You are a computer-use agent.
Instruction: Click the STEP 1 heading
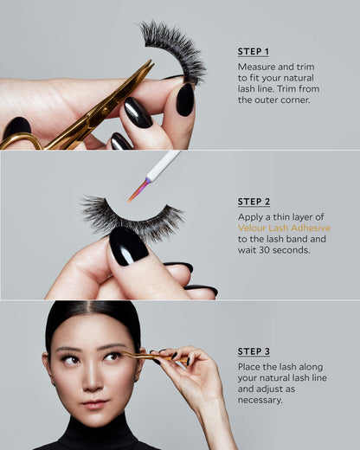click(254, 52)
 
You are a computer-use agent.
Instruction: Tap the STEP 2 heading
click(254, 202)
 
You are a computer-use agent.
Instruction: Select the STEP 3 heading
click(254, 351)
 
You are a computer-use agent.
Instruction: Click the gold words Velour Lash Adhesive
click(284, 228)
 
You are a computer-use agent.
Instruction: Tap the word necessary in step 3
click(260, 401)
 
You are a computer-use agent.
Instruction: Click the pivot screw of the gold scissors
click(105, 111)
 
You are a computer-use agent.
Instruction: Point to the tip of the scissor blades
click(151, 61)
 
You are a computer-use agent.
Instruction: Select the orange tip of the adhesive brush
click(138, 190)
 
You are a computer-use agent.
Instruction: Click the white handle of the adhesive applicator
click(164, 164)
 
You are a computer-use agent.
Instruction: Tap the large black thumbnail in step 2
click(128, 246)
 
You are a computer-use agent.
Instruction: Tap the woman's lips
click(94, 404)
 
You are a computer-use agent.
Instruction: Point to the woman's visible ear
click(45, 367)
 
